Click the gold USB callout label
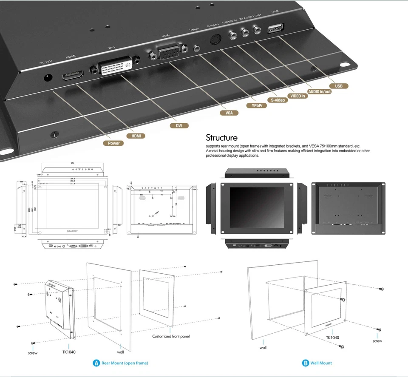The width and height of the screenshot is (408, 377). coord(338,86)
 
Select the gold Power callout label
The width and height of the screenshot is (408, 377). coord(113,143)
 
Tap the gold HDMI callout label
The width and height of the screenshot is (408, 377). coord(136,136)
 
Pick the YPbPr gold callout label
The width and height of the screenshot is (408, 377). coord(256,105)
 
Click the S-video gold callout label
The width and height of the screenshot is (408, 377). coord(278,100)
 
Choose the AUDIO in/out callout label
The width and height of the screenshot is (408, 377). coord(319,91)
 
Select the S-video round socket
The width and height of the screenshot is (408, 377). coord(216,39)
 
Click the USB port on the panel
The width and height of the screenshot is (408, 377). coord(275,29)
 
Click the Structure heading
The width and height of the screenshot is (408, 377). coord(221,138)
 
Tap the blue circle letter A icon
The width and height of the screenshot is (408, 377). coord(96,363)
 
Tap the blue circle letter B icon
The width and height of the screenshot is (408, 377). coord(305,363)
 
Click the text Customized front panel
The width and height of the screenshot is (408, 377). coord(171,336)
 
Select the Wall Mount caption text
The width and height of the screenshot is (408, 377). coord(322,363)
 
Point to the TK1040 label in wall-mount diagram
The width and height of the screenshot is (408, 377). coord(332,338)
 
